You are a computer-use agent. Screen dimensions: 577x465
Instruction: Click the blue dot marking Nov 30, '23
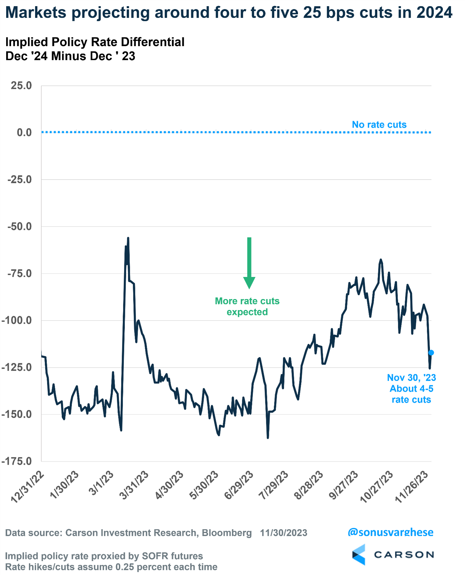(x=431, y=353)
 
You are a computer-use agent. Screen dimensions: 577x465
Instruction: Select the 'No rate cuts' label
(x=379, y=125)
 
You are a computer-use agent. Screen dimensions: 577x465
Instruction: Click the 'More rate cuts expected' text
(x=247, y=306)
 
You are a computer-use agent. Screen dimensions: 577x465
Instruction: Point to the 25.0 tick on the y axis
(x=21, y=85)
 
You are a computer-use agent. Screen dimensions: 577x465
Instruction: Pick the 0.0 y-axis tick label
(x=24, y=132)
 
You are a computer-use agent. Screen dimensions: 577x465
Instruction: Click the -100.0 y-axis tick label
(x=17, y=321)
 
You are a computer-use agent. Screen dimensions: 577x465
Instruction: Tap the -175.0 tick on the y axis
(x=17, y=461)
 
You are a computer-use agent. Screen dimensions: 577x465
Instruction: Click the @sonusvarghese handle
(x=390, y=532)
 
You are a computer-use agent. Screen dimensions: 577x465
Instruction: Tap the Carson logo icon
(x=359, y=554)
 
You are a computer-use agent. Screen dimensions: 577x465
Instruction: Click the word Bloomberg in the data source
(x=227, y=533)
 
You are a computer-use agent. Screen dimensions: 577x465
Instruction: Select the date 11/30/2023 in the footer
(x=284, y=533)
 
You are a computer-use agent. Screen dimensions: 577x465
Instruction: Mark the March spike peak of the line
(x=128, y=238)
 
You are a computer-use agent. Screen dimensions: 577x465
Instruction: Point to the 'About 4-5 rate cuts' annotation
(x=411, y=394)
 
